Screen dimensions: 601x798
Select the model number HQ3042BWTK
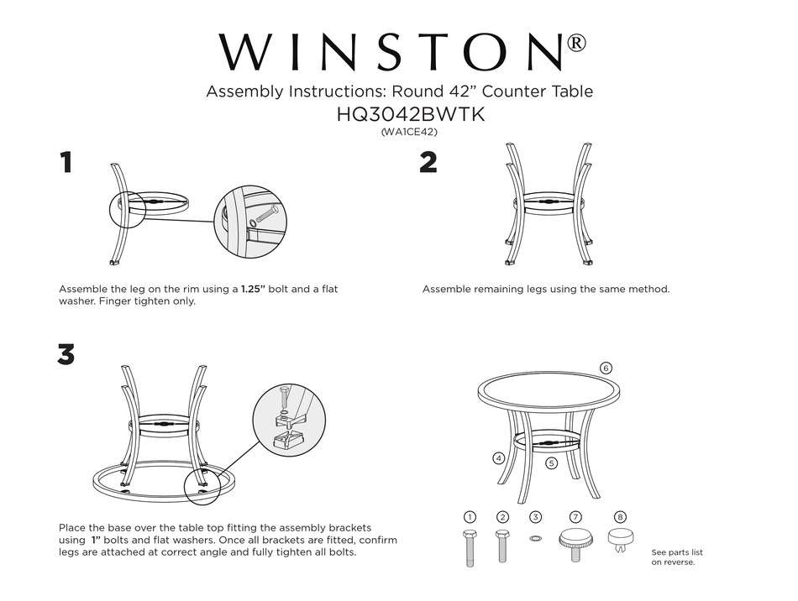(410, 114)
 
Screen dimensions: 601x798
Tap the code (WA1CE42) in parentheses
(410, 132)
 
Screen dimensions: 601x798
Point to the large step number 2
(428, 162)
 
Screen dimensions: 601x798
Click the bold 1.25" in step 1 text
(253, 289)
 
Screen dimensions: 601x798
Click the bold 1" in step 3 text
(96, 540)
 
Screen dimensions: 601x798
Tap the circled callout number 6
(606, 368)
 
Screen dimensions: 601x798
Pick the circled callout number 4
(499, 458)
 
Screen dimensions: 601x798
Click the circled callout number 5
(552, 463)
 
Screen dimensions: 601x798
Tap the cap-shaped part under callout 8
(620, 540)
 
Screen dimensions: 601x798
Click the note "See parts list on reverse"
(677, 557)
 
